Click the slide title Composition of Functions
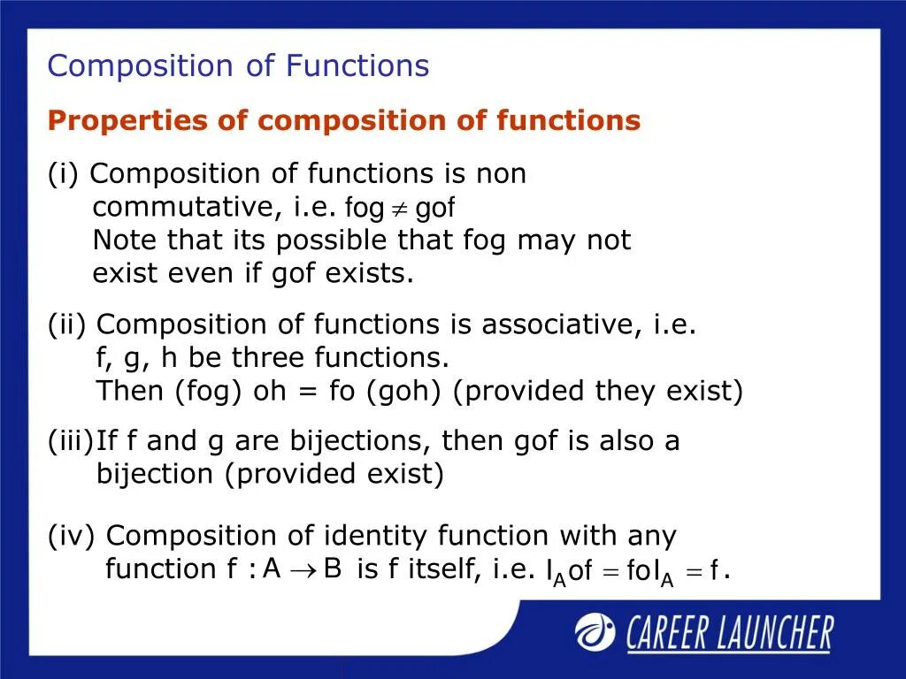238,66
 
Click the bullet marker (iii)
71,441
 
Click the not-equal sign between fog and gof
400,209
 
